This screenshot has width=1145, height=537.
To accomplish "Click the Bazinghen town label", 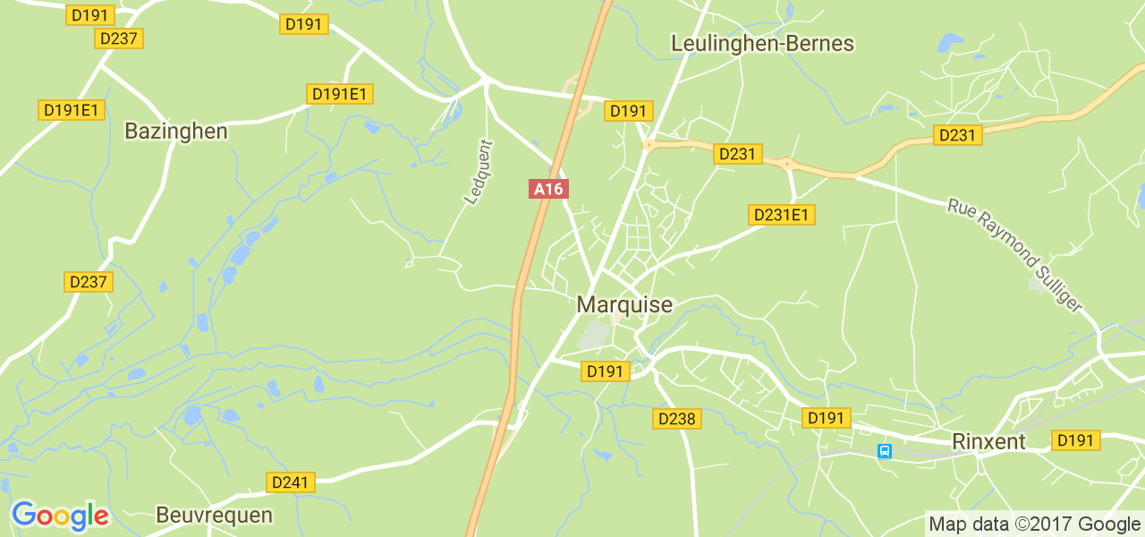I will click(175, 132).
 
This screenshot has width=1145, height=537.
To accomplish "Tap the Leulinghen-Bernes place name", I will click(762, 43).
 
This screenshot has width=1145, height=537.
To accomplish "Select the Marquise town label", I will click(624, 305).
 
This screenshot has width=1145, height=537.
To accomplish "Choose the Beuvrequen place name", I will click(214, 515).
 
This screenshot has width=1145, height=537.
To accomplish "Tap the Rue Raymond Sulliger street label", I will click(1014, 256).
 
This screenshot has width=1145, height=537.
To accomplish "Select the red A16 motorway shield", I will click(548, 189).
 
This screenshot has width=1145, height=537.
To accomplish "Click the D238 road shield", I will click(677, 418).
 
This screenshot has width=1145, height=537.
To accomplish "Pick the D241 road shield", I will click(291, 482).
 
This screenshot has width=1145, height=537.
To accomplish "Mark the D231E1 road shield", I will click(781, 215).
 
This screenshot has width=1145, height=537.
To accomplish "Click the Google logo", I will click(60, 516).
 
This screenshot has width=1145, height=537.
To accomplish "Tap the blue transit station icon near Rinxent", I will click(885, 451).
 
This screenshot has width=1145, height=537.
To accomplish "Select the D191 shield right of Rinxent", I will click(1075, 440).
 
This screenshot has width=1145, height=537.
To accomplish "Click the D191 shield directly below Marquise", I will click(606, 371).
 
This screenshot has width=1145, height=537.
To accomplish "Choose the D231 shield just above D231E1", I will click(738, 154).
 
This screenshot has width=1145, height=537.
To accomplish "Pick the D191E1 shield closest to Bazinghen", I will click(72, 110).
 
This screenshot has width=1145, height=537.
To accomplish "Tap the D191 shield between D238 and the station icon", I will click(826, 418).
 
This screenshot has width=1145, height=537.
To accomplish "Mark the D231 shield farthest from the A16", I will click(957, 135).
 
